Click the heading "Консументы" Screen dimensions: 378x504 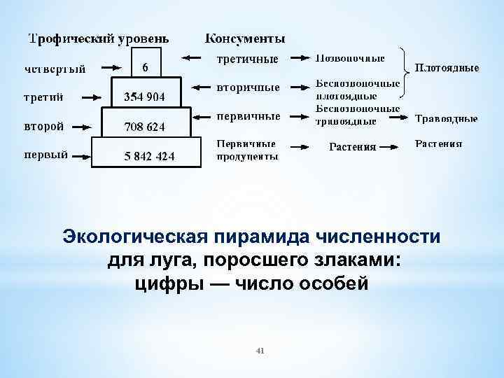[x=245, y=38]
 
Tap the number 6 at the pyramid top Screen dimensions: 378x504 [x=145, y=67]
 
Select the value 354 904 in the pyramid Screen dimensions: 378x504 [x=145, y=97]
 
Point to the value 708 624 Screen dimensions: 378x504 [x=145, y=127]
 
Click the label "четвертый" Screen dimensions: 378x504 [x=55, y=68]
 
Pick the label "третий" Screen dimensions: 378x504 [x=44, y=97]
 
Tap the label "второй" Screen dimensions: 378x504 [x=44, y=127]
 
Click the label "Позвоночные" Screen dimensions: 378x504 [x=351, y=57]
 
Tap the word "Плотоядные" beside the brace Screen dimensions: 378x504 [x=447, y=68]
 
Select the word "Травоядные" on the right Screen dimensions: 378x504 [x=447, y=119]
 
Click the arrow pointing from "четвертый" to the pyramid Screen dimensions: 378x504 [x=113, y=68]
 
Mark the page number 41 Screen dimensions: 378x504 [x=260, y=349]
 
